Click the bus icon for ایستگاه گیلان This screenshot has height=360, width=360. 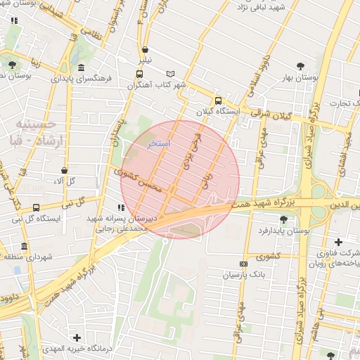(x=218, y=100)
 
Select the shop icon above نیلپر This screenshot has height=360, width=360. (x=145, y=50)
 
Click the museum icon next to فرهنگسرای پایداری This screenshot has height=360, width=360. (x=82, y=68)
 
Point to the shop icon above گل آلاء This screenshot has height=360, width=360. (x=65, y=170)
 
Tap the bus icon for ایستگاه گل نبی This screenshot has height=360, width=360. (x=36, y=207)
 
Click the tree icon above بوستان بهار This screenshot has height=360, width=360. (x=301, y=65)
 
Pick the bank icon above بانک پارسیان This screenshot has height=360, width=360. (x=243, y=264)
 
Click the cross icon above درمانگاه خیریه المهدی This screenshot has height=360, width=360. (x=77, y=338)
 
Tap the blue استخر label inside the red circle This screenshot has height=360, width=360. (x=160, y=143)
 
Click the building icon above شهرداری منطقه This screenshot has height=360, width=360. (x=25, y=247)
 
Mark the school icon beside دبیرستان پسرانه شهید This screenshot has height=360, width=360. (x=122, y=208)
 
